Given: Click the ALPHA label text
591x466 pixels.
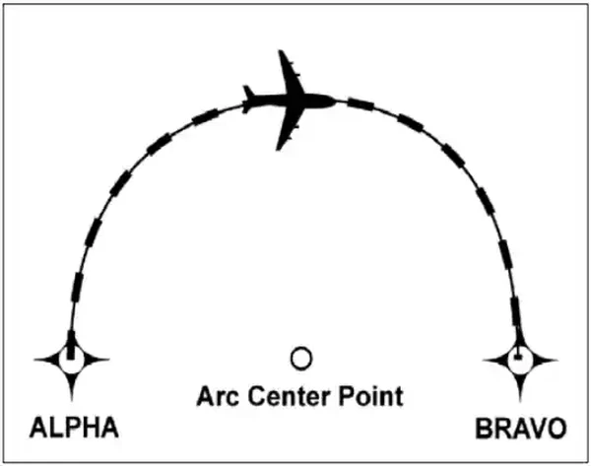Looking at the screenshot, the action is coord(74,428).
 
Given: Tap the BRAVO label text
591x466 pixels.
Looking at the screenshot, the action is coord(521,429).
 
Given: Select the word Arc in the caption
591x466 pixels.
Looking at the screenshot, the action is coord(218,396).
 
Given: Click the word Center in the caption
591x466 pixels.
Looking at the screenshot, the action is coord(289,396).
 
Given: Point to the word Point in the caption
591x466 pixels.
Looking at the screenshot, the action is coord(371,395).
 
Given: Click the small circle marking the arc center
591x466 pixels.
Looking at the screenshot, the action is coord(301,359).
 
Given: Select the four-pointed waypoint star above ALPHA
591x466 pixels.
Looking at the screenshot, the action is coord(72,360).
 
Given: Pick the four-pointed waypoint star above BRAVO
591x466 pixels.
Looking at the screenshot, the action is coord(520,361).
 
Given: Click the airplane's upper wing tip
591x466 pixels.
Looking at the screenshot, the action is coord(281,52).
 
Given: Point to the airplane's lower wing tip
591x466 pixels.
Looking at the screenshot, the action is coord(279,149).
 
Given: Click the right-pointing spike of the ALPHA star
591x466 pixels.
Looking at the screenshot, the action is coord(108,360).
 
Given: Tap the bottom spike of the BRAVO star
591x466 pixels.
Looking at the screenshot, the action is coord(520,400).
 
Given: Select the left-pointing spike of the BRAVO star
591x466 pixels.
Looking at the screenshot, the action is coord(484,361).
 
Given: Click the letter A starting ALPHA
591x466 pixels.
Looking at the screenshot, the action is coord(38,428).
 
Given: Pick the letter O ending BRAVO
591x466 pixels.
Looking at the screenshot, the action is coord(556,429).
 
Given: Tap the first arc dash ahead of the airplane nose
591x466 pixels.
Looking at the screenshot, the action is coord(361,104).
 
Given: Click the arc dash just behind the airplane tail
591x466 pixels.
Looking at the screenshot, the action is coord(205,115).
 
